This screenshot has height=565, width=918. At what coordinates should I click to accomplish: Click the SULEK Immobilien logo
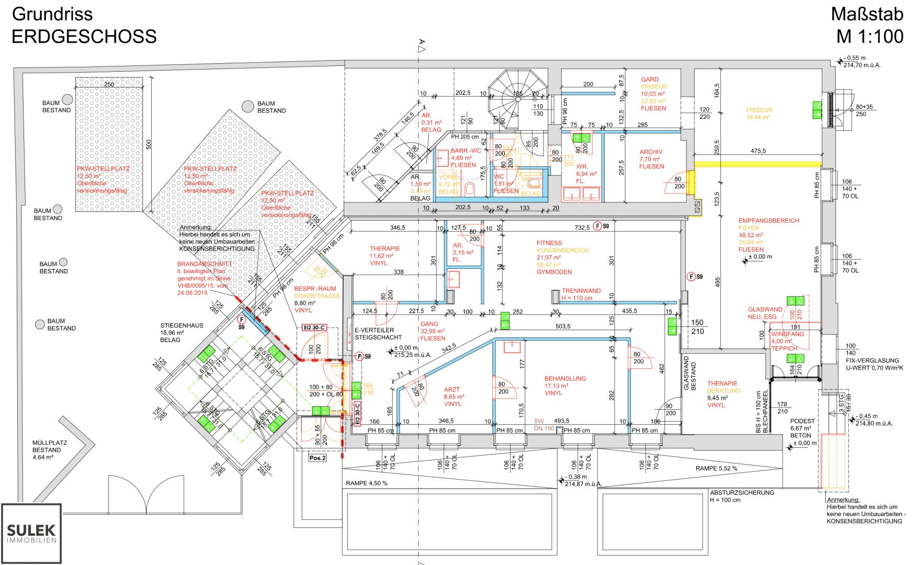point(31,533)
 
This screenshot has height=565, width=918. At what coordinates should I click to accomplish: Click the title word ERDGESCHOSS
point(84,37)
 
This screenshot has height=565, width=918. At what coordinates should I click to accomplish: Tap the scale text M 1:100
point(869,37)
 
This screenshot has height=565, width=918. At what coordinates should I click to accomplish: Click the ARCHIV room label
point(651,152)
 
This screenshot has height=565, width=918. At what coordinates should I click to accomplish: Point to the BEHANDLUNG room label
point(565,379)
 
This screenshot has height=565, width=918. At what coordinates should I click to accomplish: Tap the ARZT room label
point(452,390)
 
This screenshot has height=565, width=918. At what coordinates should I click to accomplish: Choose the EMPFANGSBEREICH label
point(768,221)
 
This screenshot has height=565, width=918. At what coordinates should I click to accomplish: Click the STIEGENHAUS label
point(182,325)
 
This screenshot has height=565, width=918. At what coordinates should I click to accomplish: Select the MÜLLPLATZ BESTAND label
point(50,446)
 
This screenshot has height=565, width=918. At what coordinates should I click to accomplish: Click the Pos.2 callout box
point(317,458)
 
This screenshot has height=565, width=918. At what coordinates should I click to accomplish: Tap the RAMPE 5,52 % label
point(716,468)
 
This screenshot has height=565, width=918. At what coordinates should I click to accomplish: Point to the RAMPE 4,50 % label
point(367,483)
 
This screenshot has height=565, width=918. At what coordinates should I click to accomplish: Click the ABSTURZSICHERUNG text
point(742,492)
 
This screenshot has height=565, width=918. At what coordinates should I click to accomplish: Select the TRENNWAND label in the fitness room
point(581,291)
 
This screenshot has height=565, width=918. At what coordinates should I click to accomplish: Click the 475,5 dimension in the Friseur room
point(758,151)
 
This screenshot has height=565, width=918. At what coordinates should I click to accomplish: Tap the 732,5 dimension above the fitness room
point(582,228)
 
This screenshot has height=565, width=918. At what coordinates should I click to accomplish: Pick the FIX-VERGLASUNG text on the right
point(872,360)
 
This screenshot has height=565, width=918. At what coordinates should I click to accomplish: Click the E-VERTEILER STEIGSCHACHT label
point(378,334)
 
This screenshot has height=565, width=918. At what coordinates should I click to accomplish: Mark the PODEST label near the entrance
point(802,421)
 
